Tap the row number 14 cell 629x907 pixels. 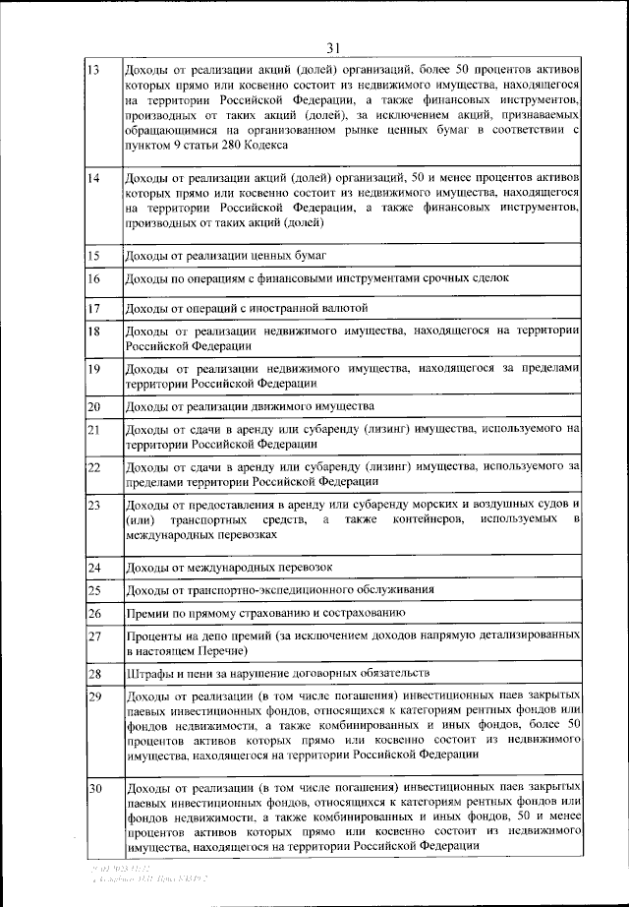[x=94, y=179]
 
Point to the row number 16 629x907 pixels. [x=94, y=280]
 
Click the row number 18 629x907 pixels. [x=94, y=333]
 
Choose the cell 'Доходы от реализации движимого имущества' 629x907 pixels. [x=250, y=406]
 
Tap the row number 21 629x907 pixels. [x=94, y=430]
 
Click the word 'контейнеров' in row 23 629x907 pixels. [x=433, y=519]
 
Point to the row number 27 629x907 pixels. [x=94, y=636]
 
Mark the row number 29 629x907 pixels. [x=94, y=697]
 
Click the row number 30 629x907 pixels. [x=94, y=790]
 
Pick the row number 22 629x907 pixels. [x=94, y=467]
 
